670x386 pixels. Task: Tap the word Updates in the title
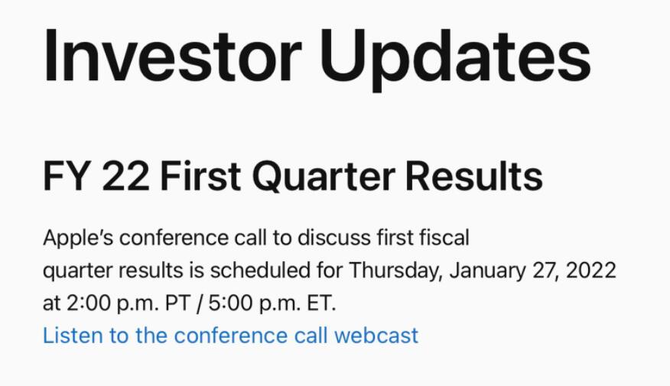click(456, 60)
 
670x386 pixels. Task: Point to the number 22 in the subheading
click(126, 177)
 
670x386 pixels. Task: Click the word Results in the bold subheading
click(473, 176)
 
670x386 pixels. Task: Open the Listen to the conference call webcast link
click(231, 336)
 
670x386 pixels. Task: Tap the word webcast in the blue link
click(376, 336)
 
